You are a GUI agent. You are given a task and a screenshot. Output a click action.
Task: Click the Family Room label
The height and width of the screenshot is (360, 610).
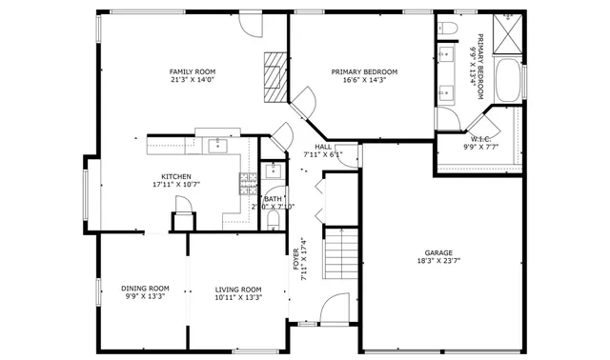[x=192, y=72]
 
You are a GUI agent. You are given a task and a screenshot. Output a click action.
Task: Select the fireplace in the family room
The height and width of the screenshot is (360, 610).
[x=275, y=75]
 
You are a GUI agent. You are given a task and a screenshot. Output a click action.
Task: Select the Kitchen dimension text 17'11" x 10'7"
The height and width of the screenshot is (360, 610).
[x=176, y=185]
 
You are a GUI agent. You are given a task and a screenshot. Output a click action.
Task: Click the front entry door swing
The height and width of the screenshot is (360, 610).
[x=335, y=309]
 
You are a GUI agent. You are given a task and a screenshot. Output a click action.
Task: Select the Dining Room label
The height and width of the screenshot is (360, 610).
[x=145, y=289]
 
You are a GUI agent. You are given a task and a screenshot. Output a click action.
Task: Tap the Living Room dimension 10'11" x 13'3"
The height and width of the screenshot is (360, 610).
[x=237, y=297]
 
